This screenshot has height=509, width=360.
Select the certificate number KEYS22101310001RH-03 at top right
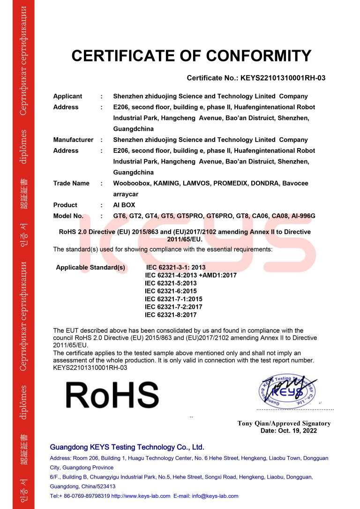[283, 78]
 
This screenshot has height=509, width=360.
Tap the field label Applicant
[67, 96]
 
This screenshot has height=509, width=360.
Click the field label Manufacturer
[73, 140]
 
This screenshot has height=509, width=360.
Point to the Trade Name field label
[71, 183]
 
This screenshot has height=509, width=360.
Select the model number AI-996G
[302, 216]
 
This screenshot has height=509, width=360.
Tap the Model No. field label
[68, 216]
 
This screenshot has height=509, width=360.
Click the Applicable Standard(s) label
[90, 267]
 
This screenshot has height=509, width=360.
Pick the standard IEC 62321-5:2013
[171, 283]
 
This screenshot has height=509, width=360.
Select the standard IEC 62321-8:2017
[171, 315]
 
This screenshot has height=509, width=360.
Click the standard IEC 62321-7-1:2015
[173, 299]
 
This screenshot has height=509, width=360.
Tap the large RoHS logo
[112, 394]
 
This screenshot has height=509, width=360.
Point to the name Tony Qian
[254, 423]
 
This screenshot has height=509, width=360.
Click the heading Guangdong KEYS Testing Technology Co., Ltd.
[127, 447]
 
